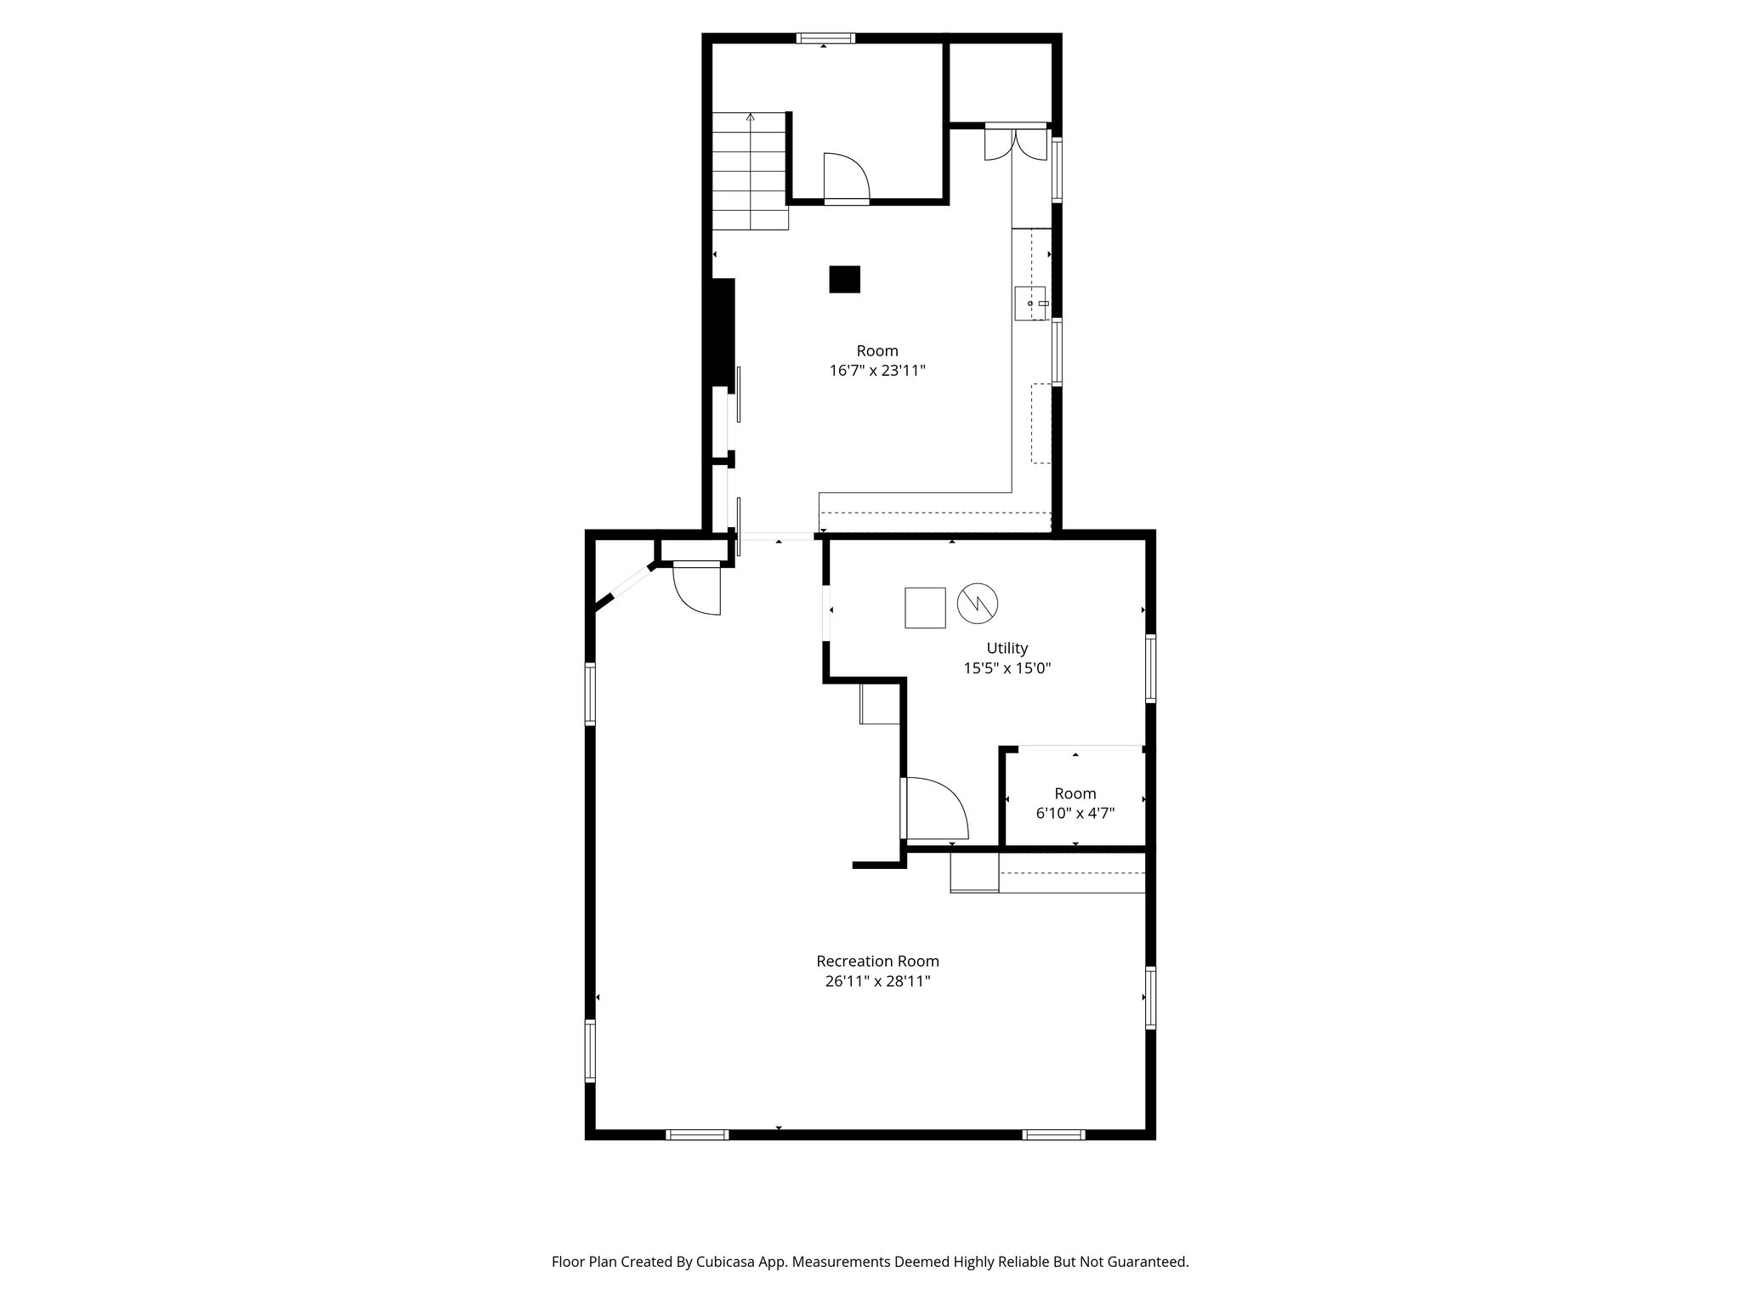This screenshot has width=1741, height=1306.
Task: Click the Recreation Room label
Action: (877, 961)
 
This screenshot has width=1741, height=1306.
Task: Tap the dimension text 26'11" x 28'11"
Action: (877, 981)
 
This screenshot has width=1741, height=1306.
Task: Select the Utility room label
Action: (1007, 648)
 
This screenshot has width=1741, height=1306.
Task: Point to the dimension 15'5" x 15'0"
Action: (1007, 668)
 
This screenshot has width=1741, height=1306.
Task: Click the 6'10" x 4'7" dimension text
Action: (1075, 813)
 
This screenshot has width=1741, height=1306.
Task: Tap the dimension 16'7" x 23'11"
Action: (877, 371)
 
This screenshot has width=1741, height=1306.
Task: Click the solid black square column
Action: (844, 280)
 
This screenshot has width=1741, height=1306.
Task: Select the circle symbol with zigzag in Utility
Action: (978, 605)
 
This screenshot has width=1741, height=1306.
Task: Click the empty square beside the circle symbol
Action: (925, 607)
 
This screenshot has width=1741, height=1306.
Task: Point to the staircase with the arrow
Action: (749, 172)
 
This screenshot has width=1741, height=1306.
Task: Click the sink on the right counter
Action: (1031, 304)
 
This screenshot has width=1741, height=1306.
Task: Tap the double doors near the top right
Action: (1016, 143)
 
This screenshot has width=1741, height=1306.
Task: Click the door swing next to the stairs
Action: (845, 179)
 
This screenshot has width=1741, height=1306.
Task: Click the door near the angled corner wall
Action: (697, 588)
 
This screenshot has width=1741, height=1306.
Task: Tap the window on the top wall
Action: (825, 37)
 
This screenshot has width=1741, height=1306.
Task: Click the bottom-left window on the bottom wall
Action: (697, 1134)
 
